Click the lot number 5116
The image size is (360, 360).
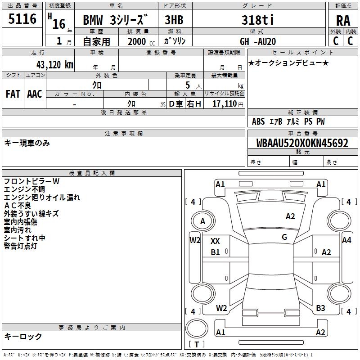click(22, 18)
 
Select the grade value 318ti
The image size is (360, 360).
click(257, 20)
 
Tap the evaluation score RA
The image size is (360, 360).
click(343, 21)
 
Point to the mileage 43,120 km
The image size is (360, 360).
click(54, 65)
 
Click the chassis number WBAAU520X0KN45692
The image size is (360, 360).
click(302, 143)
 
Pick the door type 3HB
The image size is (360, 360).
click(174, 20)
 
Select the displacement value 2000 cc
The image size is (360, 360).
click(141, 41)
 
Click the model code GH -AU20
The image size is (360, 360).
click(258, 41)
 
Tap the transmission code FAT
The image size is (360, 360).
click(13, 94)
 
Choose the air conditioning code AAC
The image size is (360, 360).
click(35, 94)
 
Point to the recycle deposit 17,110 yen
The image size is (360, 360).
click(228, 104)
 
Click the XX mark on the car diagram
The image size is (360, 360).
click(215, 241)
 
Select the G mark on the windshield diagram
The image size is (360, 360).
click(284, 237)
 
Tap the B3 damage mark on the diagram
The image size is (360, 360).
click(320, 308)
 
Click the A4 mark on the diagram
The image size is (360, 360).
click(346, 240)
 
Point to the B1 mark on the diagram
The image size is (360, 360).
click(215, 252)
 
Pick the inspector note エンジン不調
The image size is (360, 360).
click(24, 189)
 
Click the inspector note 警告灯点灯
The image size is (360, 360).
click(20, 246)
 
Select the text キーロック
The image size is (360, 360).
click(23, 337)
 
